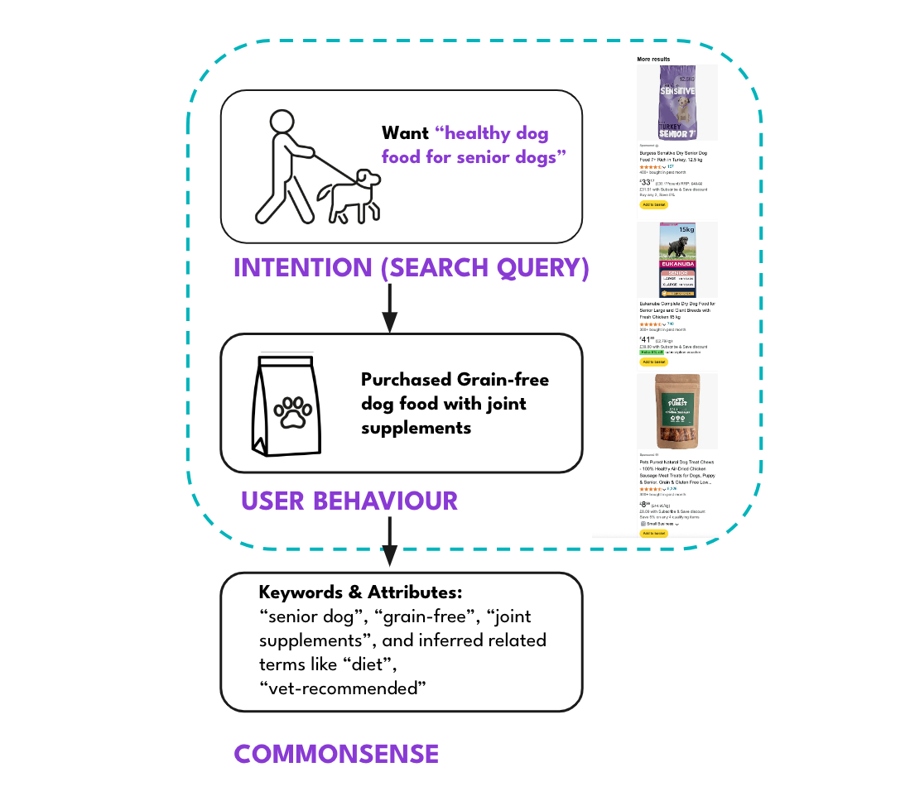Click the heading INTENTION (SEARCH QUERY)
pyautogui.click(x=411, y=268)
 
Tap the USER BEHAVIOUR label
pyautogui.click(x=349, y=501)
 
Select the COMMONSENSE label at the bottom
pyautogui.click(x=336, y=754)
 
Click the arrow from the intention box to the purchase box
pyautogui.click(x=389, y=309)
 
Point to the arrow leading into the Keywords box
pyautogui.click(x=389, y=543)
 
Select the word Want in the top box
pyautogui.click(x=405, y=133)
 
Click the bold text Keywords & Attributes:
pyautogui.click(x=359, y=593)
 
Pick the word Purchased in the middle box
pyautogui.click(x=406, y=380)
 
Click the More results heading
pyautogui.click(x=653, y=60)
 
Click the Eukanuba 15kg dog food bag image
pyautogui.click(x=677, y=259)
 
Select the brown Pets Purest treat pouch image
pyautogui.click(x=677, y=411)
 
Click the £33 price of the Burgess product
pyautogui.click(x=647, y=182)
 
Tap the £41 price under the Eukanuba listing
pyautogui.click(x=647, y=339)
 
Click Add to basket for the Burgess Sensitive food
pyautogui.click(x=653, y=204)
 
